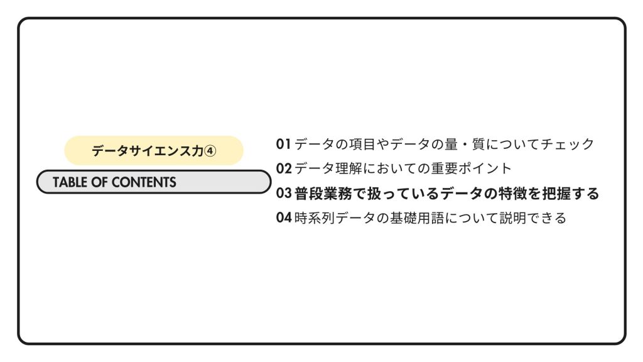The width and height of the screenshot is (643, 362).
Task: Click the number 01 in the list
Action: coord(283,144)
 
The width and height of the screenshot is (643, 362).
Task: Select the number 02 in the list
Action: coord(284,168)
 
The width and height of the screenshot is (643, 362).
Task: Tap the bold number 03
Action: coord(284,193)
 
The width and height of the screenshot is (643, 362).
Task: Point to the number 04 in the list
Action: coord(284,217)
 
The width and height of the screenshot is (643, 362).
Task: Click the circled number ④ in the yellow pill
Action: coord(210,151)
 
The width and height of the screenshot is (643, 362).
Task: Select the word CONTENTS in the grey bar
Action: coord(144,182)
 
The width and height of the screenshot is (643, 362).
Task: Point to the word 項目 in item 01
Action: coord(362,144)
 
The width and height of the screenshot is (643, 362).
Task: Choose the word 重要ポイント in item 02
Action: coord(471,168)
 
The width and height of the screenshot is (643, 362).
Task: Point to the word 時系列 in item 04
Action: coord(315,217)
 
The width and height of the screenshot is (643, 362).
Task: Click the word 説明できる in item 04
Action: coord(532,217)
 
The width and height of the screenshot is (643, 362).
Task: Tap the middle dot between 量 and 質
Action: coord(465,145)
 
